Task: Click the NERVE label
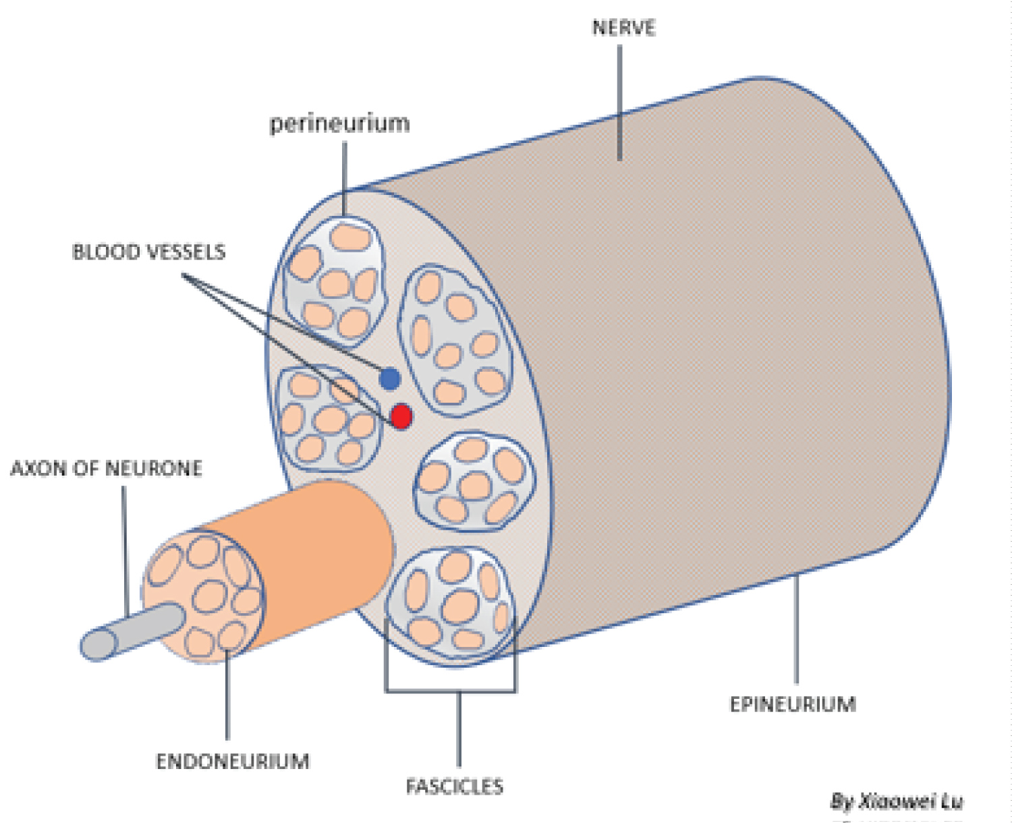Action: pyautogui.click(x=623, y=28)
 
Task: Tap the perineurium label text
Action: pyautogui.click(x=339, y=124)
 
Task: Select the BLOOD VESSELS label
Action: pyautogui.click(x=148, y=252)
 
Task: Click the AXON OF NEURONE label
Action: pyautogui.click(x=106, y=468)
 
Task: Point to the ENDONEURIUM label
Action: pyautogui.click(x=232, y=761)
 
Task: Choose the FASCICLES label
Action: pyautogui.click(x=454, y=786)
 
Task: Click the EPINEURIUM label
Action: pyautogui.click(x=793, y=704)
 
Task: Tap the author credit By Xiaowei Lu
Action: pyautogui.click(x=897, y=801)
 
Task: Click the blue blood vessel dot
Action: pyautogui.click(x=390, y=378)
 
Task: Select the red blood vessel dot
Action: pyautogui.click(x=401, y=416)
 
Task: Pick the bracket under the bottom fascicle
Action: pyautogui.click(x=451, y=690)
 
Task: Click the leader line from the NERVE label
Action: pyautogui.click(x=619, y=101)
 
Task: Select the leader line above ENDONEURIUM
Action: pyautogui.click(x=227, y=695)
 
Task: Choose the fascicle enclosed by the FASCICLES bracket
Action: pyautogui.click(x=451, y=604)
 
